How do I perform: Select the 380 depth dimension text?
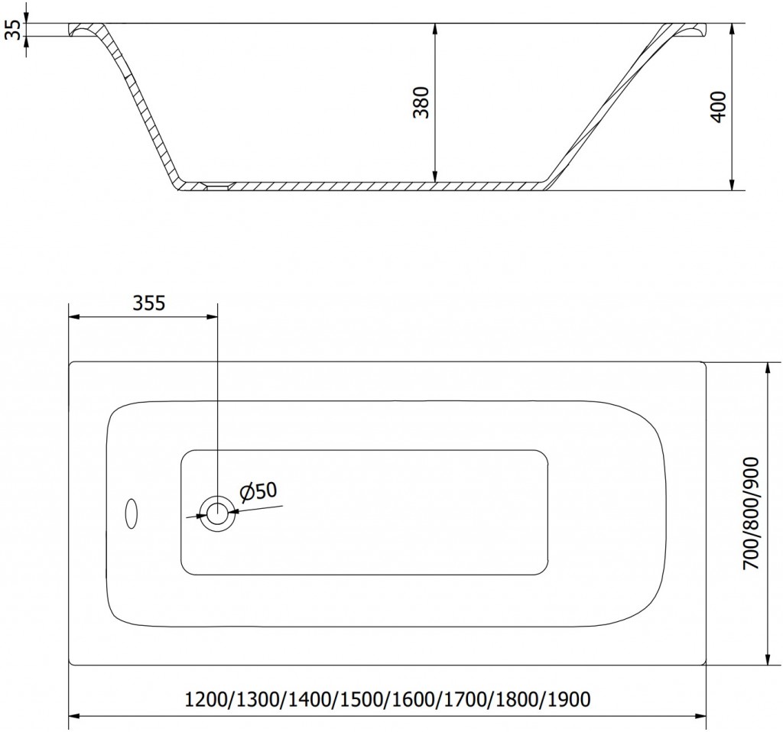click(421, 102)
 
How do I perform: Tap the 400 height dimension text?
click(719, 107)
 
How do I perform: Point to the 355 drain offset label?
click(148, 303)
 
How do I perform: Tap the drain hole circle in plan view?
click(216, 513)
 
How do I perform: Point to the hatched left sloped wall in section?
click(141, 107)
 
